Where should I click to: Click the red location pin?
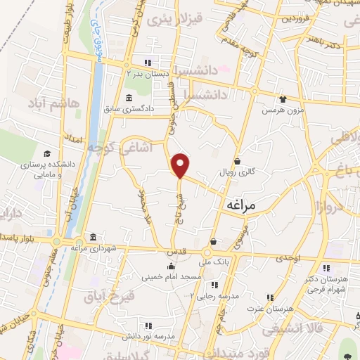(181, 165)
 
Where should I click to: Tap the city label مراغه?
(244, 205)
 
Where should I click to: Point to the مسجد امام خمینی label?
(172, 277)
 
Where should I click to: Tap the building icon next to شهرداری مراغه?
(94, 237)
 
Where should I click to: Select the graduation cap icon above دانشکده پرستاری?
(47, 153)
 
